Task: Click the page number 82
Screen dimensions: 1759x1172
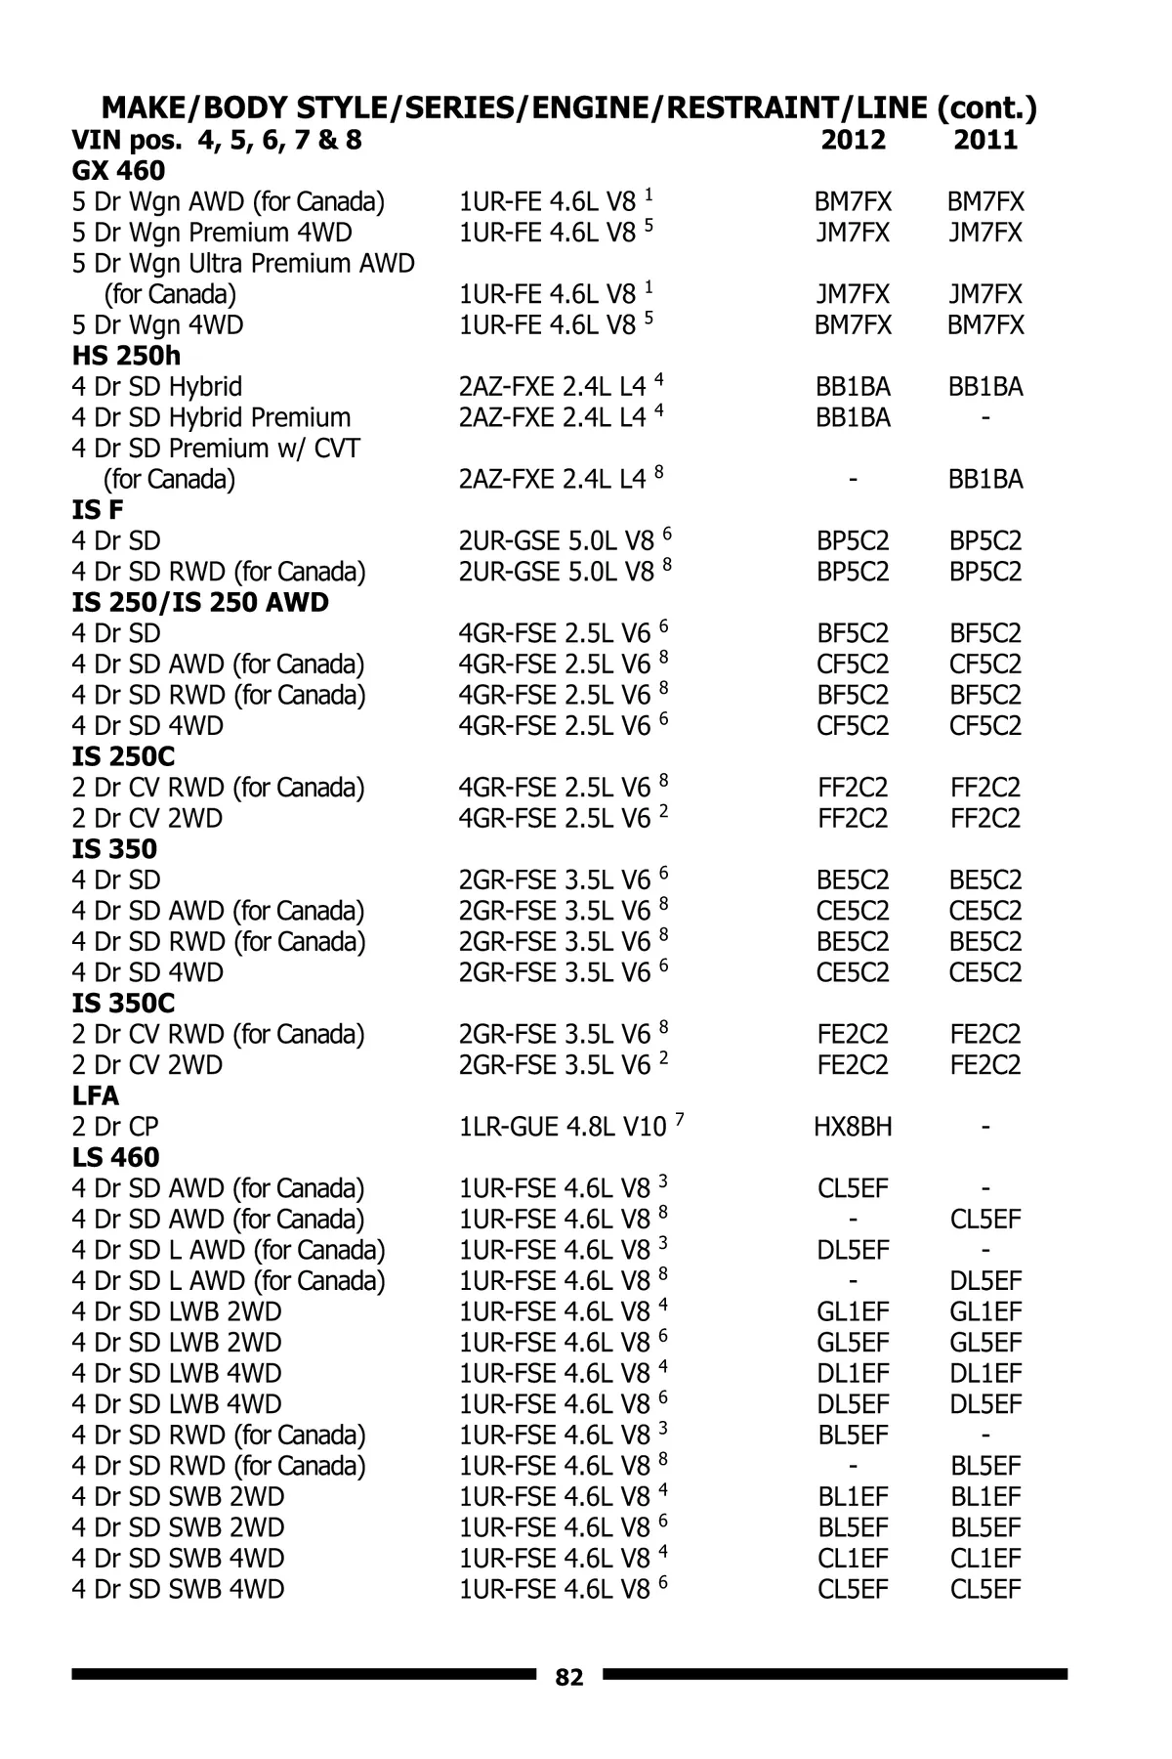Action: pos(569,1677)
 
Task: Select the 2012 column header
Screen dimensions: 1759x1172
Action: pos(853,140)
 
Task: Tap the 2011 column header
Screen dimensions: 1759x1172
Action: pos(985,140)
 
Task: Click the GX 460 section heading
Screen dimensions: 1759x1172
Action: pos(118,171)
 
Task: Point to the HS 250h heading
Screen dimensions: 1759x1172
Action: pos(126,356)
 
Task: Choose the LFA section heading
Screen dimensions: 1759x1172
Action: pos(95,1095)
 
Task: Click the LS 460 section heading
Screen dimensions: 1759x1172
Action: pos(115,1157)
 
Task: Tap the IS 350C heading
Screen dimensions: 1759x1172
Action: pos(123,1004)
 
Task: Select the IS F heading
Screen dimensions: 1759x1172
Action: pos(98,510)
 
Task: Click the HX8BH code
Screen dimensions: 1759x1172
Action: pos(853,1127)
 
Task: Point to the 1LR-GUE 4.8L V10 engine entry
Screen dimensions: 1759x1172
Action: pos(563,1127)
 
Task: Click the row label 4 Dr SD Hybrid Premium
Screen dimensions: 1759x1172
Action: pos(211,418)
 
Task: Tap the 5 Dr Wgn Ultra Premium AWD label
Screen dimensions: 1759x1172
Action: pos(243,264)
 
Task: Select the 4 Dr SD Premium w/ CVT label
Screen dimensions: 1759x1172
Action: pos(216,449)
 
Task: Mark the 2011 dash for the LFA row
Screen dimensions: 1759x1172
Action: pos(985,1128)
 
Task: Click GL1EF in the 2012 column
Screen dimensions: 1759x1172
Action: pos(853,1311)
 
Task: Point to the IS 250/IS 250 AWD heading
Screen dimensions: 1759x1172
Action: pos(200,603)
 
